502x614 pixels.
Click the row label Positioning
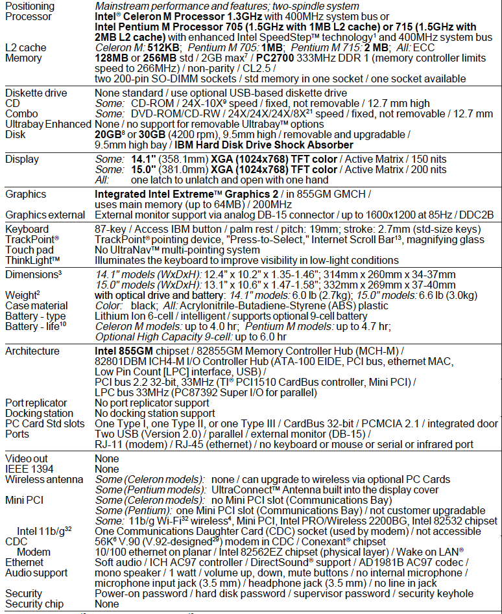(x=30, y=6)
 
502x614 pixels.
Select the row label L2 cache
(x=26, y=47)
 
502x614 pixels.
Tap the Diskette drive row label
(x=36, y=93)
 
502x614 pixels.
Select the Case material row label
(x=36, y=305)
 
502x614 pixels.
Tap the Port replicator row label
(x=37, y=403)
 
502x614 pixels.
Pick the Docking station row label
(x=39, y=413)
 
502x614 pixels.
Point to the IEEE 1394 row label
(x=29, y=469)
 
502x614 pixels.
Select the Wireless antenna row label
(x=44, y=479)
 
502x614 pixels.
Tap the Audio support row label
(x=35, y=573)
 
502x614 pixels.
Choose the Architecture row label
(x=32, y=351)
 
